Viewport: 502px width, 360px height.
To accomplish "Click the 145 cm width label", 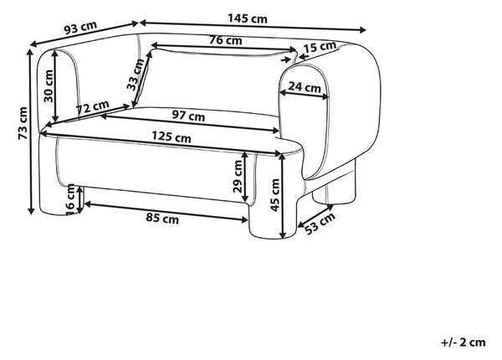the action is [x=247, y=18].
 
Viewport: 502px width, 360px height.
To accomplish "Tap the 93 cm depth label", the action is [x=80, y=28].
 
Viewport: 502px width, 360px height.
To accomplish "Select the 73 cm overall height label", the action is [x=23, y=124].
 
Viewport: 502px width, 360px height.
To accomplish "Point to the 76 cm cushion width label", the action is [x=226, y=40].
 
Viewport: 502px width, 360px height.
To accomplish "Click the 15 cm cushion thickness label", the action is [x=320, y=47].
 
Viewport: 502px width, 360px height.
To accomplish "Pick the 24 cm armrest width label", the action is [x=305, y=87].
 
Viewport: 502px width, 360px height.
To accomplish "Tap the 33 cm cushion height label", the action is [x=136, y=75].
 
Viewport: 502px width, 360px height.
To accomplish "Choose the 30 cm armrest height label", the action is [x=48, y=86].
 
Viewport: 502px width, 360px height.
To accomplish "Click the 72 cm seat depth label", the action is [x=93, y=107].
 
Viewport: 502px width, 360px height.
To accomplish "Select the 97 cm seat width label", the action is [x=188, y=115].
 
